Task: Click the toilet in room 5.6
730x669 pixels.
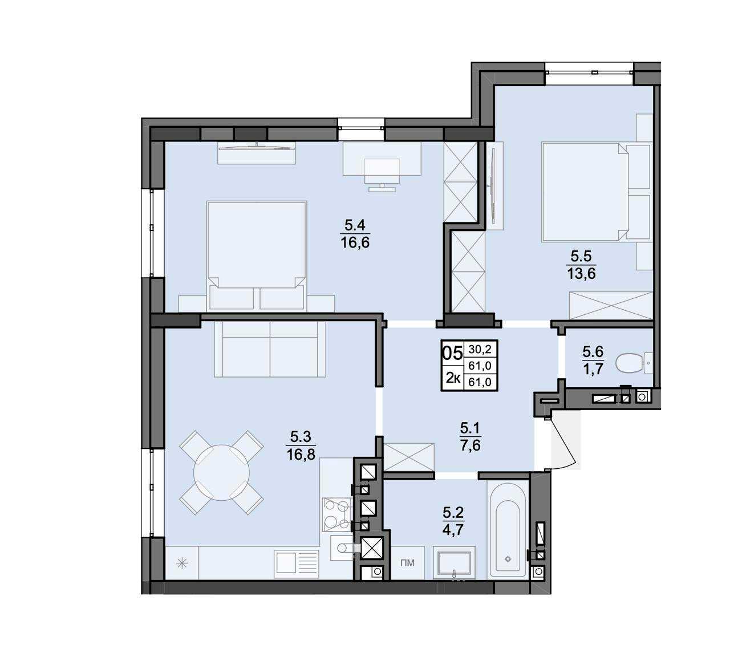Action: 634,363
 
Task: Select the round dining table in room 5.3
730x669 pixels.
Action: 221,473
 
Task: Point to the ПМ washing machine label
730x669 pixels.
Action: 407,563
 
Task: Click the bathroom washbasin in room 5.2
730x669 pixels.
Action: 454,564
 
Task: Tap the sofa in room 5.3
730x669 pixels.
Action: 270,349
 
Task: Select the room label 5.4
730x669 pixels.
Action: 355,226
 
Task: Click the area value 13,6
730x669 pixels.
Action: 581,273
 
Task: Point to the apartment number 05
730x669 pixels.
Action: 452,353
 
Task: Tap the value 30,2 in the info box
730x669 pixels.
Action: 480,350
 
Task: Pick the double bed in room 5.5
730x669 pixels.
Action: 596,192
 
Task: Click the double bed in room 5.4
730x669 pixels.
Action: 256,256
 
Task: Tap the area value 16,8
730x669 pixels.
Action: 301,455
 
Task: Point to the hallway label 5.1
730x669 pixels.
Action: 471,428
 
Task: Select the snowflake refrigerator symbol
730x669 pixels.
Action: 182,564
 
